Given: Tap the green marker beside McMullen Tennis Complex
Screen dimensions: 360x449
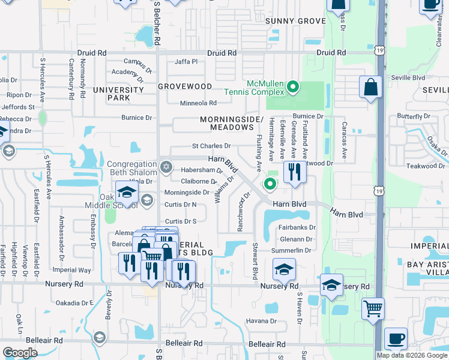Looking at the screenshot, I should click(x=293, y=88).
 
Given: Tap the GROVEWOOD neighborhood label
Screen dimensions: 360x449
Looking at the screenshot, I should click(x=185, y=86).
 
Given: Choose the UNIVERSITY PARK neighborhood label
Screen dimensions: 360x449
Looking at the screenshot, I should click(x=118, y=94).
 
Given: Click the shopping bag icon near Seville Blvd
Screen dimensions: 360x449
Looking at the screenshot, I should click(x=371, y=86).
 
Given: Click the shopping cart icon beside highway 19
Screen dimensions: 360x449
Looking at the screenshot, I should click(x=373, y=309).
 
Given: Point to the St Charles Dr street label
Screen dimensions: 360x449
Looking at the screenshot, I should click(x=211, y=146).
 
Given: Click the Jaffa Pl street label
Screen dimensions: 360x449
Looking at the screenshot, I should click(x=186, y=62).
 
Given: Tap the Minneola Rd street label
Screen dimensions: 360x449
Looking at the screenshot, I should click(x=198, y=103).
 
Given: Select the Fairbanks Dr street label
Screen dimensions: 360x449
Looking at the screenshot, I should click(x=298, y=227).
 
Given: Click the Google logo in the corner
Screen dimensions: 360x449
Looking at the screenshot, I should click(x=20, y=353).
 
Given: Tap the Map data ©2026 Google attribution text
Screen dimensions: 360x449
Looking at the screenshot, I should click(x=412, y=355).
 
